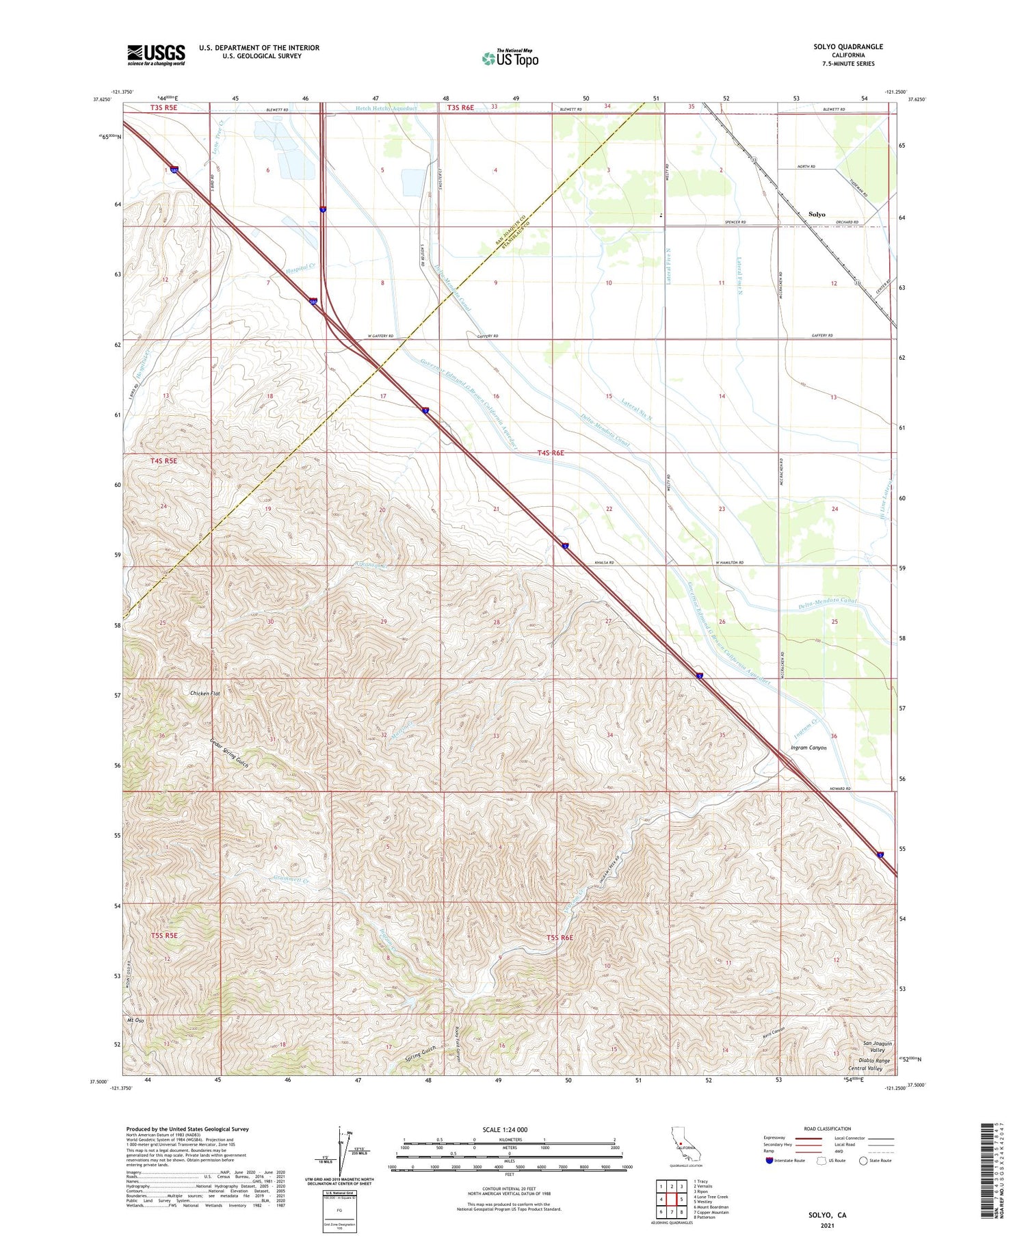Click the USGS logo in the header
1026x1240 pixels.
156,55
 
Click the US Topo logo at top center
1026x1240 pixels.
510,59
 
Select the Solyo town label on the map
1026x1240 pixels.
817,215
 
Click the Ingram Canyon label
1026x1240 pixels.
808,748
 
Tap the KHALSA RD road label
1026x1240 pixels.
603,563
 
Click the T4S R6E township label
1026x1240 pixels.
555,453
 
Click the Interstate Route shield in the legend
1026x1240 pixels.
770,1161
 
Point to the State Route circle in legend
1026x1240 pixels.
864,1161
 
